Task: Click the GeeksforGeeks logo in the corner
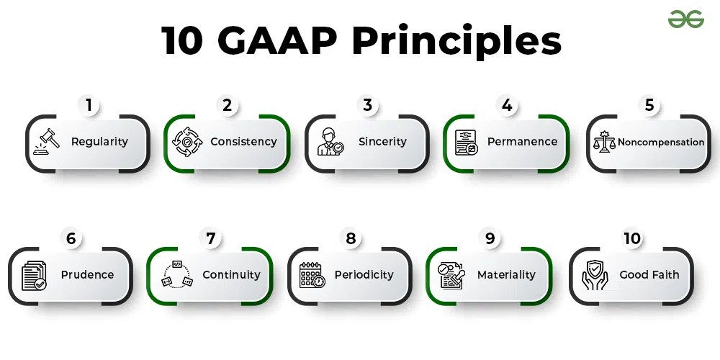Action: (x=685, y=19)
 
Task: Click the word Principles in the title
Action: (x=456, y=42)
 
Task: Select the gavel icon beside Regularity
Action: (x=47, y=142)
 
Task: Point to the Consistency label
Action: (x=243, y=142)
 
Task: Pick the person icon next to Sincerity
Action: (x=330, y=142)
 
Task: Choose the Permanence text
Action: (x=522, y=142)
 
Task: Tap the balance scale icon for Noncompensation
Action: (x=603, y=142)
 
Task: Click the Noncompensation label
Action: (x=661, y=143)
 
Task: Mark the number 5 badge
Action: (x=649, y=106)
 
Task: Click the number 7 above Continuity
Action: (x=210, y=239)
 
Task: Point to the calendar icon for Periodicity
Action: (x=312, y=275)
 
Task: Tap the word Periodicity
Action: (x=364, y=275)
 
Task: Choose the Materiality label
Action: (x=506, y=275)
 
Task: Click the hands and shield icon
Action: (x=595, y=275)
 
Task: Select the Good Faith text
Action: (x=649, y=275)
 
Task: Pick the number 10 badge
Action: (x=632, y=239)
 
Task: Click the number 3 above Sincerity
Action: (x=367, y=106)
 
